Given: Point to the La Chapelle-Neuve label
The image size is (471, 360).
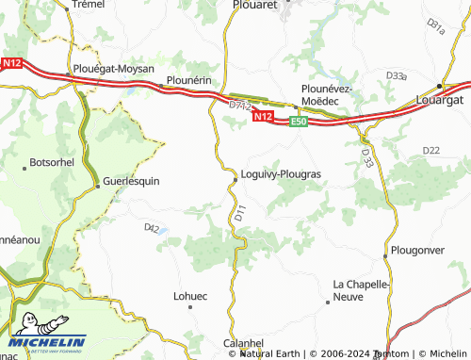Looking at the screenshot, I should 362,289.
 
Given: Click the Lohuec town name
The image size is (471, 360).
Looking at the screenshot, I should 189,295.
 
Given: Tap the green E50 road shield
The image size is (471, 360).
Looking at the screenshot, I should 299,122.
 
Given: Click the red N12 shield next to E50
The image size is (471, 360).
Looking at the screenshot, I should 264,117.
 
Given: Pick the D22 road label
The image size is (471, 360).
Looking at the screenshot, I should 431,150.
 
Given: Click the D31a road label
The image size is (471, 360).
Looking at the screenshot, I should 436,25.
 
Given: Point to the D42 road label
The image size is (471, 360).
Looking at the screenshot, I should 152,227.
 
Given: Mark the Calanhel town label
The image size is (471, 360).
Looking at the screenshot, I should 243,343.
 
